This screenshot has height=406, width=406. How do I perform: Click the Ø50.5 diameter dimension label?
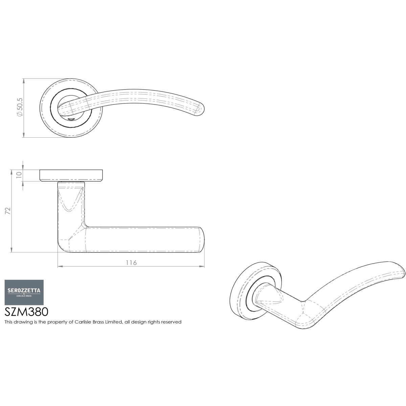[20, 107]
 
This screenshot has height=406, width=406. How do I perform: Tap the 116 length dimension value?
[131, 263]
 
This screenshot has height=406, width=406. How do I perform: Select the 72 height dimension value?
[8, 211]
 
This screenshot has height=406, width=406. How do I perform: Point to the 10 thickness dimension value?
[19, 175]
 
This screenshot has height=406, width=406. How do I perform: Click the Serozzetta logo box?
[24, 292]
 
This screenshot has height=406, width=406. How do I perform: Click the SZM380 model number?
[26, 312]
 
